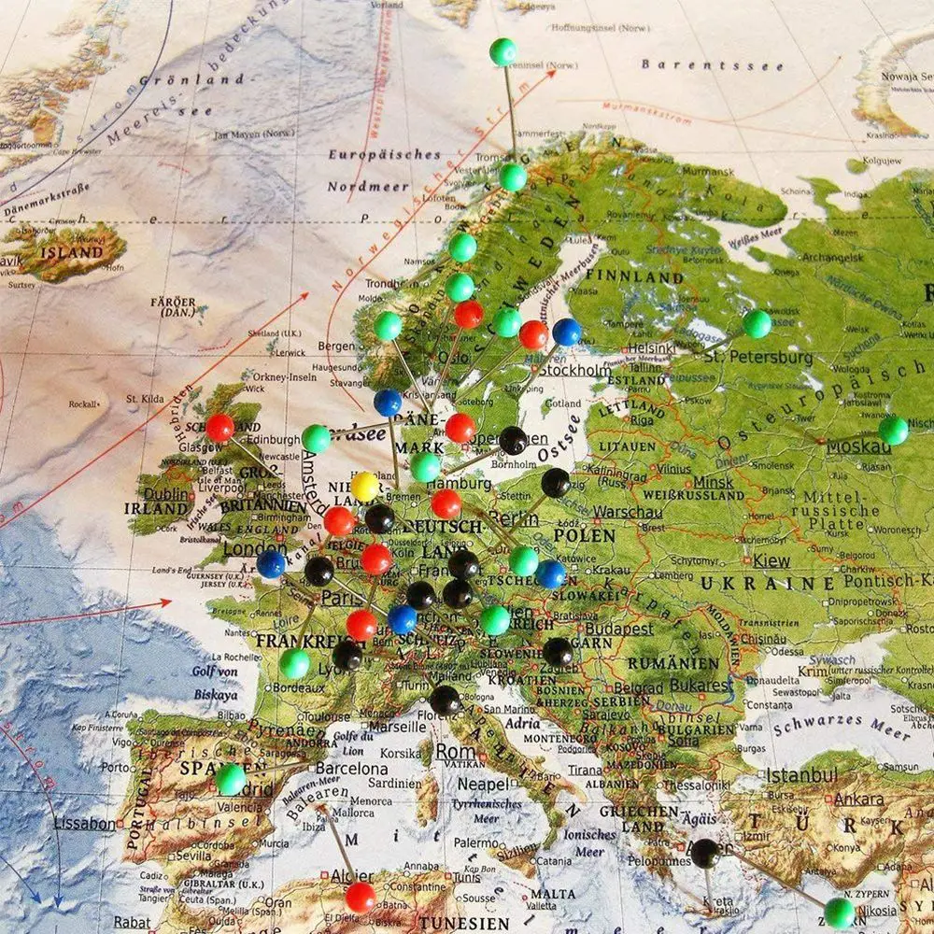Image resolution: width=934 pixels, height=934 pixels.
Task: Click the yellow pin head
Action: click(x=364, y=486)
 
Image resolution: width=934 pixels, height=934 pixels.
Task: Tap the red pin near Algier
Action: click(x=360, y=897)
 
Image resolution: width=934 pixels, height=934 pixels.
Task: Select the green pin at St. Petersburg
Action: click(x=757, y=323)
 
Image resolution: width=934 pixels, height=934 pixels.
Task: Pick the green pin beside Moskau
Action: click(x=893, y=430)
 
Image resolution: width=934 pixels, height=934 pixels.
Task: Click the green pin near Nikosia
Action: click(x=840, y=912)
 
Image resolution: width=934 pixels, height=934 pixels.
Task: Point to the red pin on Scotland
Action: click(x=219, y=427)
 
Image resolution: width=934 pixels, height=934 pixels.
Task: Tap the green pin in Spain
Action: click(x=231, y=779)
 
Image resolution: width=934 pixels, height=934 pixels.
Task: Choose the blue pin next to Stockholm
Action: click(x=566, y=332)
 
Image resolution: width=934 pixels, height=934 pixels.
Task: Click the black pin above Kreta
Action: click(x=704, y=852)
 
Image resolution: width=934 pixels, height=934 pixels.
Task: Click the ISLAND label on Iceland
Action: click(x=75, y=252)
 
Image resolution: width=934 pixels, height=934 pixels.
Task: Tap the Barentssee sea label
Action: click(x=686, y=64)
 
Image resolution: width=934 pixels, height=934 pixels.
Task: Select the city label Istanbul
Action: click(x=801, y=775)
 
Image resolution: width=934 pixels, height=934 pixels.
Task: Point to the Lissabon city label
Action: click(x=85, y=824)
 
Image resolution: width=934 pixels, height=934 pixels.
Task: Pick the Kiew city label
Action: click(x=771, y=561)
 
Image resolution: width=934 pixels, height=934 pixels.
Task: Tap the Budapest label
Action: click(x=620, y=630)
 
